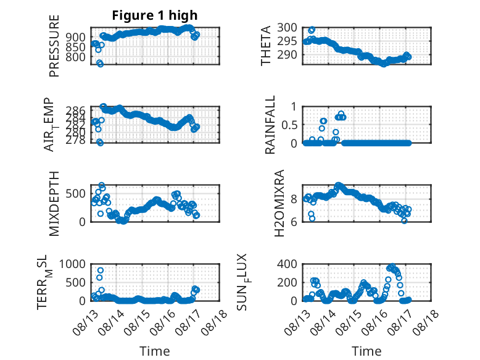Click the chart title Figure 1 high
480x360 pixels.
pos(155,15)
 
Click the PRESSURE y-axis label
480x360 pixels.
pos(54,46)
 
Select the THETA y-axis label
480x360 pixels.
pos(266,46)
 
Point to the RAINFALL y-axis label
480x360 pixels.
pos(270,125)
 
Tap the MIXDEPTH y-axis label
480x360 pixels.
pos(54,204)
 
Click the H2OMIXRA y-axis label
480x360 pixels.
pos(279,203)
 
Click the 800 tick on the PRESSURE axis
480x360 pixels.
pos(76,57)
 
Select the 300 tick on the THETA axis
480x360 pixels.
pos(287,28)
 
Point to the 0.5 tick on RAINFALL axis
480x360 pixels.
pos(289,125)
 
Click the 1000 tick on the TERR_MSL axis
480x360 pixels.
pos(72,264)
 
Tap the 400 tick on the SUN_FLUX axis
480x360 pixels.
pos(287,264)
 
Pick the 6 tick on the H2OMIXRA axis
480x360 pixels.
pos(294,222)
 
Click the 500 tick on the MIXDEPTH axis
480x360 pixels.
pos(76,194)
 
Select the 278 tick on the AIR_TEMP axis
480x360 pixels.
pos(76,140)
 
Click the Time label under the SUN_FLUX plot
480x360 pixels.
pos(366,351)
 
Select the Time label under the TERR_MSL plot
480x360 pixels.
pos(155,351)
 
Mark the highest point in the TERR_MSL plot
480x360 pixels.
pos(101,270)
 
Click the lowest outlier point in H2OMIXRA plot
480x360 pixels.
pos(405,220)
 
